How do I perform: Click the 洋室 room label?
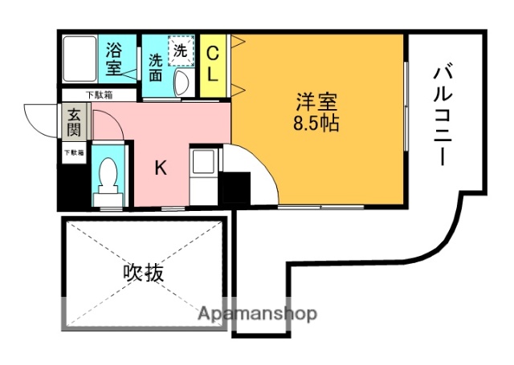pyautogui.click(x=315, y=102)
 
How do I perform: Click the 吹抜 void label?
pyautogui.click(x=144, y=272)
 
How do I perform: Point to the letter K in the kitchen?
pyautogui.click(x=161, y=168)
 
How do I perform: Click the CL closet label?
pyautogui.click(x=213, y=63)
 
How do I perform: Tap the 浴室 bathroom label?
pyautogui.click(x=114, y=59)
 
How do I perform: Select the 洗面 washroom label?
pyautogui.click(x=156, y=67)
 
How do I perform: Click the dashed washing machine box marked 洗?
pyautogui.click(x=181, y=50)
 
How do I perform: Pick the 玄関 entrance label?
pyautogui.click(x=73, y=123)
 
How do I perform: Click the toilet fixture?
pyautogui.click(x=107, y=178)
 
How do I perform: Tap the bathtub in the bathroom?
pyautogui.click(x=80, y=57)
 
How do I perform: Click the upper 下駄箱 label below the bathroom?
pyautogui.click(x=100, y=94)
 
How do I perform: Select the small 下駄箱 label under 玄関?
pyautogui.click(x=73, y=152)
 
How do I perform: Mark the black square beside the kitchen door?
pyautogui.click(x=234, y=189)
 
